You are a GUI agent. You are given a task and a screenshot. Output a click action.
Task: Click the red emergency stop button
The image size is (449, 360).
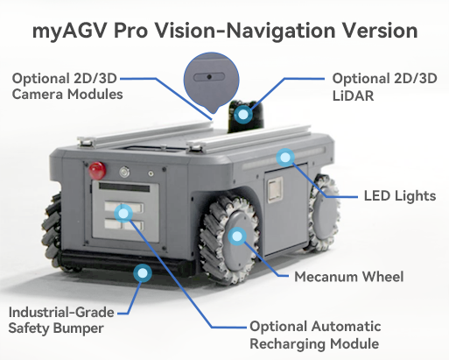[97, 171]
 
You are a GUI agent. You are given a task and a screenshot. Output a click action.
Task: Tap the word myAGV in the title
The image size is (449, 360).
[70, 31]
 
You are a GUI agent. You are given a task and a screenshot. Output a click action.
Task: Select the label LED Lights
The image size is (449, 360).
[400, 195]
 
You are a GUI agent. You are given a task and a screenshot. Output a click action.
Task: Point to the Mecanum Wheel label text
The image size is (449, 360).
[349, 277]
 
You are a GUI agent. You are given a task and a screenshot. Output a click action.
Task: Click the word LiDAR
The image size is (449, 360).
[353, 95]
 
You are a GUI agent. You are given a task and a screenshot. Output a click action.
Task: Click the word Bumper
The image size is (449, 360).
[79, 328]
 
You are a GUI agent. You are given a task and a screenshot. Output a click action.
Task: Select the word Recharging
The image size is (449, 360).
[288, 343]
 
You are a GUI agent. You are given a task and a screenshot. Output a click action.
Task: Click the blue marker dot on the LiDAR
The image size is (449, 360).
[242, 114]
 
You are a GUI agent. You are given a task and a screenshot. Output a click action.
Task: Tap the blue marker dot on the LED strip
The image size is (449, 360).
[285, 158]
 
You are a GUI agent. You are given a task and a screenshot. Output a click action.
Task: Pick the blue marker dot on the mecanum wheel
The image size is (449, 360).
[237, 236]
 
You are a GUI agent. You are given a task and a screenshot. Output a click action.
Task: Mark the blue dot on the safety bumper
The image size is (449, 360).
[143, 273]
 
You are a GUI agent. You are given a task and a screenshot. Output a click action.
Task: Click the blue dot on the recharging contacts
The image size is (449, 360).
[123, 214]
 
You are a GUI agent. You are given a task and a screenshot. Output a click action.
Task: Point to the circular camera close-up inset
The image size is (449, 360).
[212, 81]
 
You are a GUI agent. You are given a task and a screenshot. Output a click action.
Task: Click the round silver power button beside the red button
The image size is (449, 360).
[124, 172]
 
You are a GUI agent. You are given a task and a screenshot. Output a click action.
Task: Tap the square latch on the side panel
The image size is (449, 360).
[275, 190]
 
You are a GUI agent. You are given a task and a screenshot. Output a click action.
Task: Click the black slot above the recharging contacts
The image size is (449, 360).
[124, 187]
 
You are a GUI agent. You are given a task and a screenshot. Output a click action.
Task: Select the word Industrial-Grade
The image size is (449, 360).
[61, 312]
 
